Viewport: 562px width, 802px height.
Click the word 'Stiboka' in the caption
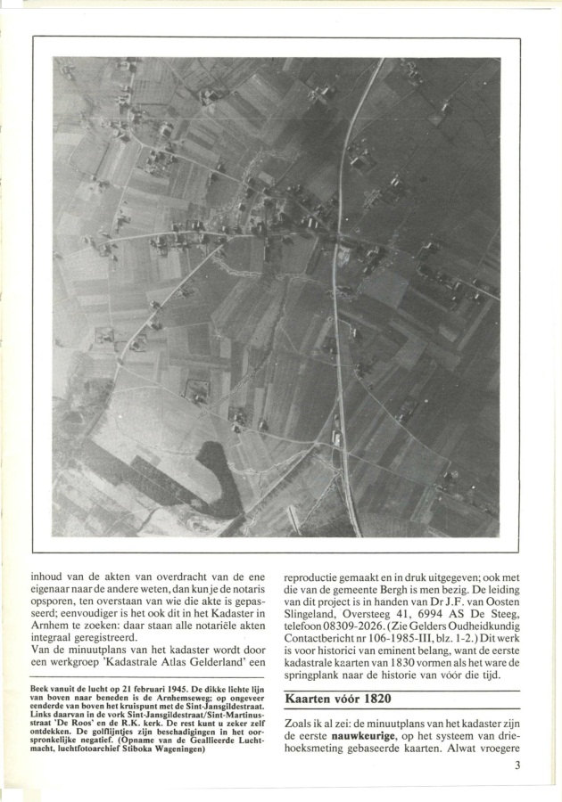134,749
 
